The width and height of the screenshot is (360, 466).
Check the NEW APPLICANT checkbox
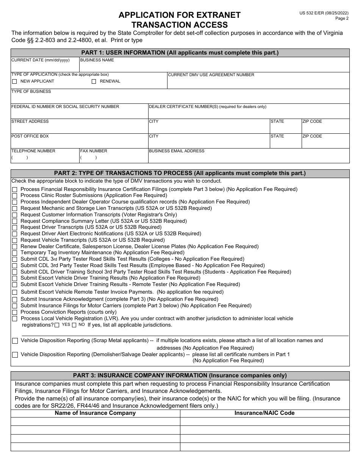click(x=14, y=81)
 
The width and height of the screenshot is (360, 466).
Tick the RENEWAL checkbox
click(x=94, y=81)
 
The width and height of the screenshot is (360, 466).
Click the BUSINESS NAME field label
click(x=97, y=60)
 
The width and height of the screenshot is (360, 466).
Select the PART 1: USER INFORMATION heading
click(x=180, y=53)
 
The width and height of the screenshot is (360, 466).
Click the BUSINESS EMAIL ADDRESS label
click(x=177, y=151)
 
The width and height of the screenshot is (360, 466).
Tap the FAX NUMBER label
click(x=94, y=151)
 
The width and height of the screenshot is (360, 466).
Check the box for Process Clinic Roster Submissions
click(x=15, y=196)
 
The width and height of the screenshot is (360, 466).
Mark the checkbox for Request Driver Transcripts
click(x=15, y=228)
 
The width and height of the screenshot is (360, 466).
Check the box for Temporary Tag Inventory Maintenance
click(x=15, y=253)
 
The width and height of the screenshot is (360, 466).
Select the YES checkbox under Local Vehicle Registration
click(x=57, y=325)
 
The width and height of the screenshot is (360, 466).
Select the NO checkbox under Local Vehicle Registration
click(x=74, y=325)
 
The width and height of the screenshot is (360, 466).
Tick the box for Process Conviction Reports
click(x=15, y=313)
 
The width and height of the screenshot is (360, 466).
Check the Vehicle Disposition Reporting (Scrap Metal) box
click(x=15, y=341)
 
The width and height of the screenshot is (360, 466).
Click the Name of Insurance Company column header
click(x=95, y=413)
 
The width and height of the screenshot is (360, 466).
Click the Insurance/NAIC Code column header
click(x=265, y=413)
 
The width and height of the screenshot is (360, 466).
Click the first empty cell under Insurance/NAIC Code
click(x=265, y=422)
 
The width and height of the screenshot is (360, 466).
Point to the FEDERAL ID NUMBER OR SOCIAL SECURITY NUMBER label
click(x=65, y=106)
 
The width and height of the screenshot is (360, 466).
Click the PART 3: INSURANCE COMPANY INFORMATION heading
click(x=180, y=375)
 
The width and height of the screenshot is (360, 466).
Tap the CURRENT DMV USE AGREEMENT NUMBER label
click(x=211, y=75)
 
